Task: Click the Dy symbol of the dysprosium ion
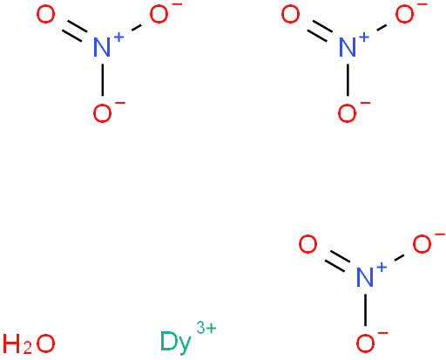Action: (x=176, y=343)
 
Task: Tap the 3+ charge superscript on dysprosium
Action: (x=206, y=327)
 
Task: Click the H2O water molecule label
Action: (x=29, y=343)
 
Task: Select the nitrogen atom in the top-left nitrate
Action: (x=102, y=47)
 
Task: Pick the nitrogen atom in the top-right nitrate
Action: (x=348, y=47)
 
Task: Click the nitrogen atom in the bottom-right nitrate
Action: (x=365, y=277)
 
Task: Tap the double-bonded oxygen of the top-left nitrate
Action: (x=45, y=15)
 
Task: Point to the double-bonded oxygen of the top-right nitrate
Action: (x=290, y=15)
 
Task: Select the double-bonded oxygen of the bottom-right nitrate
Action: (x=307, y=244)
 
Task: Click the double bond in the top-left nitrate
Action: (x=74, y=31)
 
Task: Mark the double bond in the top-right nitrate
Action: (x=320, y=31)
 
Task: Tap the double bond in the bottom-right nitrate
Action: (x=337, y=261)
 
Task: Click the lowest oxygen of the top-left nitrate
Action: (x=102, y=113)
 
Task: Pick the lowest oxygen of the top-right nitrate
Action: (x=348, y=113)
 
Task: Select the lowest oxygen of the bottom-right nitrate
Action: (x=365, y=343)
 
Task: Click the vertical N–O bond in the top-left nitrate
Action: (x=102, y=79)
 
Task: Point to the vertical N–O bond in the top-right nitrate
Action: (x=348, y=79)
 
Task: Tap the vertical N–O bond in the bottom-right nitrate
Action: (x=365, y=309)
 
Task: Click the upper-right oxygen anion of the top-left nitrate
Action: (x=159, y=15)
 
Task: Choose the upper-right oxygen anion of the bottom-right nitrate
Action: (x=422, y=244)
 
